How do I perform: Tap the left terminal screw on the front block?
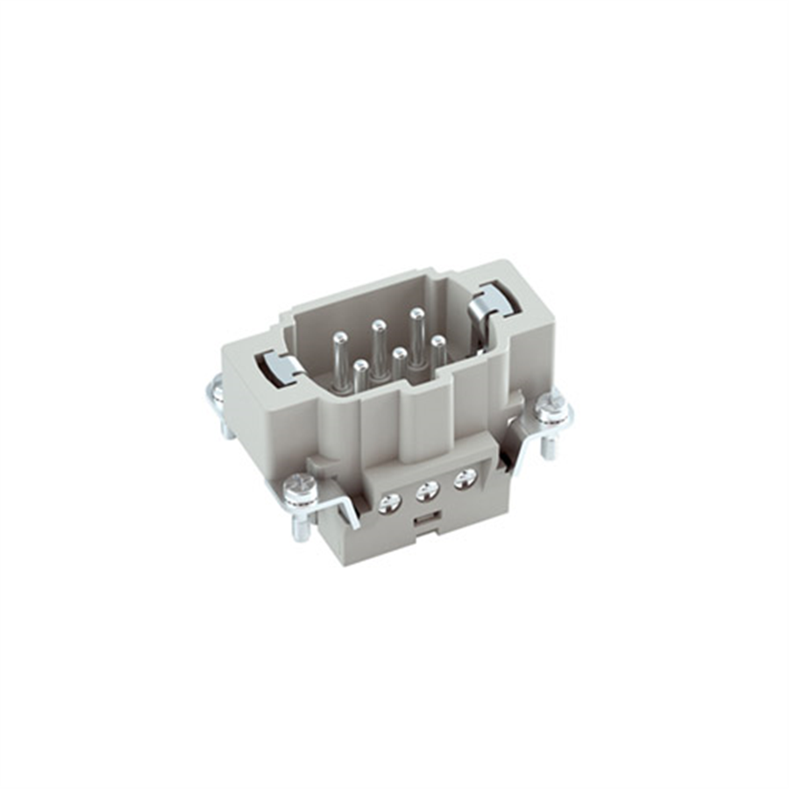click(389, 502)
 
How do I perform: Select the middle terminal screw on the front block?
click(428, 491)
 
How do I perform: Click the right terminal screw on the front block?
click(466, 478)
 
